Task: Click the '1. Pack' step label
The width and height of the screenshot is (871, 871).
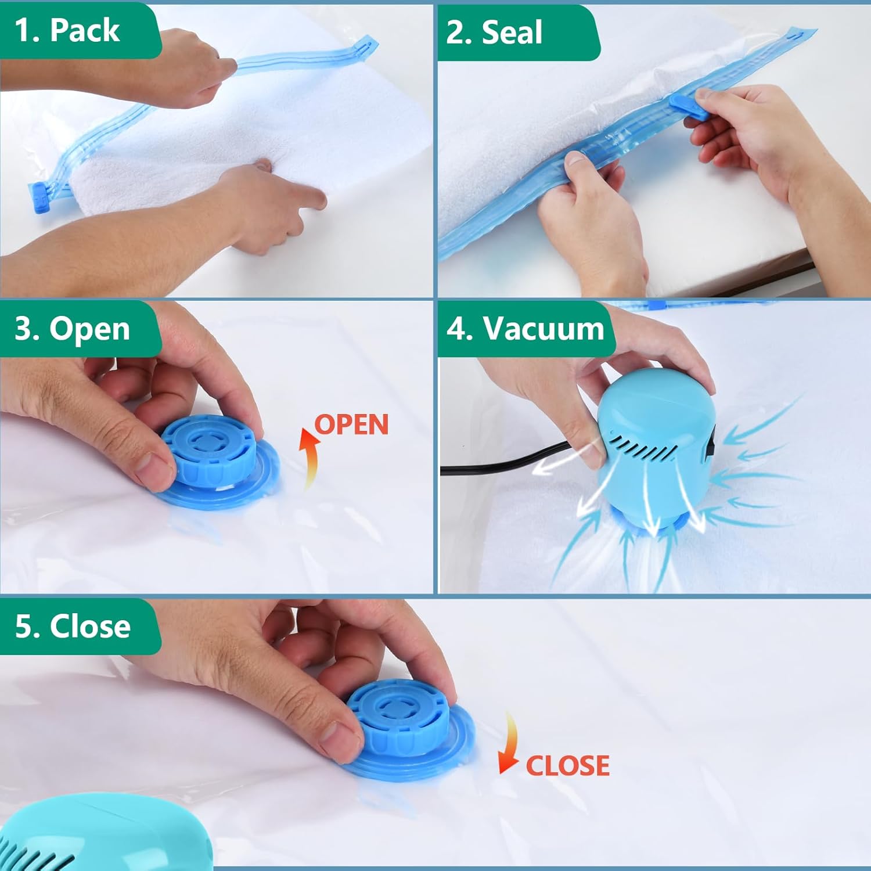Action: pos(67,30)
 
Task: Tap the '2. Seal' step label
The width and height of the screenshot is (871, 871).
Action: pos(494,32)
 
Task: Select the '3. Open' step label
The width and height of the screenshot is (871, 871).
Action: pos(72,329)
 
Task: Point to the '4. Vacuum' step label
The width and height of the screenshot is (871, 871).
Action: pos(526,329)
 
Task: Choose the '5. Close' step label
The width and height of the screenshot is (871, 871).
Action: pos(73,627)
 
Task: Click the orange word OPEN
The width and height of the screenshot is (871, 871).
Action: pos(351,425)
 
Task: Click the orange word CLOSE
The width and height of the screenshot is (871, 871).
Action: pos(567,765)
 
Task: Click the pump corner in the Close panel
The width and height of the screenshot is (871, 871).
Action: pos(41,836)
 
